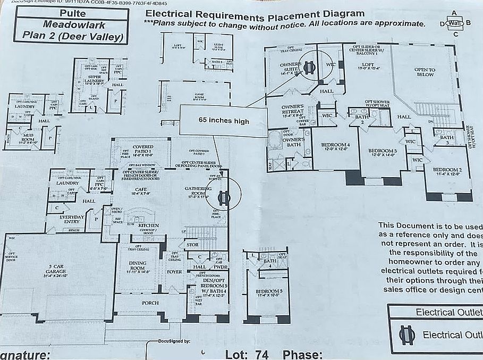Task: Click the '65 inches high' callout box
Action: [224, 121]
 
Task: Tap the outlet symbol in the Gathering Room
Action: [224, 198]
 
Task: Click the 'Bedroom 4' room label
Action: [335, 147]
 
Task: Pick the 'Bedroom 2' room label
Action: [447, 171]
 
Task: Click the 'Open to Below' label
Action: [425, 72]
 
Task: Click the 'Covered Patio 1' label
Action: [142, 149]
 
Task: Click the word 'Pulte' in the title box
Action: [72, 12]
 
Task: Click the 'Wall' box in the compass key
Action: [454, 23]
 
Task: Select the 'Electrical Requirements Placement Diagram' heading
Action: [255, 13]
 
